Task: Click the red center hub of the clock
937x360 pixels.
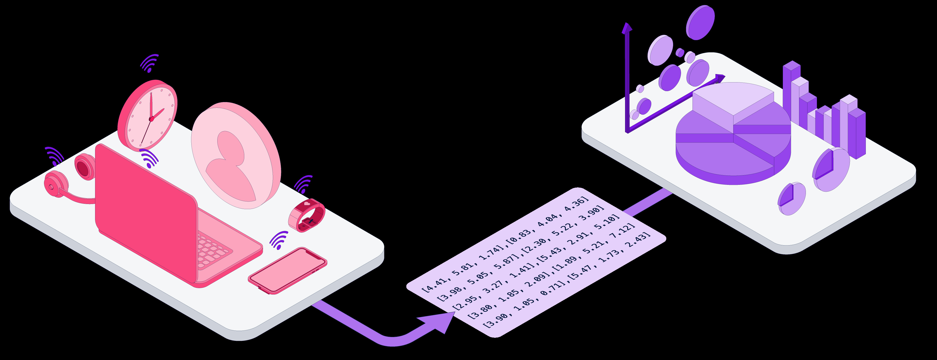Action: click(151, 119)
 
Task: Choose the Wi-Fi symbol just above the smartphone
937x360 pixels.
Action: click(279, 240)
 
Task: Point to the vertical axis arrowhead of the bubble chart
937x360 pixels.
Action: click(627, 28)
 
